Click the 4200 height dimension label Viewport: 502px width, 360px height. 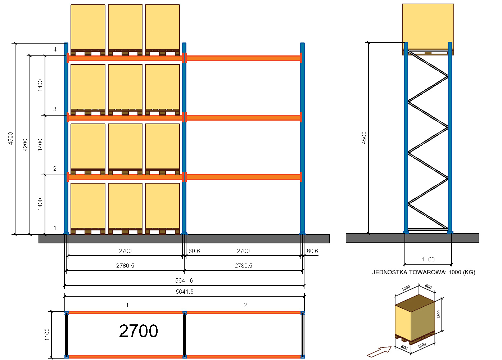(25, 145)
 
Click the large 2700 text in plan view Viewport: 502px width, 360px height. (139, 331)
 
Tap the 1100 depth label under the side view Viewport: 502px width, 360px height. (428, 259)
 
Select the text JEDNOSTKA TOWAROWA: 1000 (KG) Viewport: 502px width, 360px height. (424, 272)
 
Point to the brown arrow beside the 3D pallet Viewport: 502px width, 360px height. (379, 351)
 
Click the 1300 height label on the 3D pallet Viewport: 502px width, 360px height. (439, 314)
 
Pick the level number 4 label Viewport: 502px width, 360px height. (55, 49)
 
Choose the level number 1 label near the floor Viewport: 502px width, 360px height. (55, 228)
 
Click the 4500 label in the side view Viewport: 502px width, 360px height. (364, 138)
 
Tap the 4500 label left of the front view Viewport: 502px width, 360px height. (11, 138)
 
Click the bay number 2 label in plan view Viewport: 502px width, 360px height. (245, 305)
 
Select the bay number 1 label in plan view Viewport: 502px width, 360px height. (127, 305)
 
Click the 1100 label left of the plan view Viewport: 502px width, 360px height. (47, 334)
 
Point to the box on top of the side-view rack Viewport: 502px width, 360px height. (428, 27)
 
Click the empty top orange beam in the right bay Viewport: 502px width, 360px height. (243, 58)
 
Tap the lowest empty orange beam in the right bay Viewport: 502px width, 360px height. (243, 177)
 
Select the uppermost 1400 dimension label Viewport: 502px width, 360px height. (40, 85)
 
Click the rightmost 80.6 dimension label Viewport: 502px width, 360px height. (312, 251)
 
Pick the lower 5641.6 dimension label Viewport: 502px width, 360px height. (184, 292)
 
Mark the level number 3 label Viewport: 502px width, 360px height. (55, 109)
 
